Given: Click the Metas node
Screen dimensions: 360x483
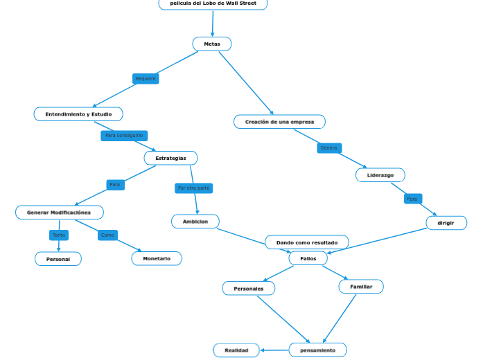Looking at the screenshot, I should click(212, 44).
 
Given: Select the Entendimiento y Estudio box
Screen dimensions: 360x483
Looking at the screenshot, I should click(78, 114).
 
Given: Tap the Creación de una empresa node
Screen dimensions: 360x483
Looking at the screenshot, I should click(279, 122).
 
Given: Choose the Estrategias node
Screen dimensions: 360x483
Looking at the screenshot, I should click(170, 159).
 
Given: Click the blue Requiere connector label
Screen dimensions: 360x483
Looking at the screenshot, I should click(146, 79).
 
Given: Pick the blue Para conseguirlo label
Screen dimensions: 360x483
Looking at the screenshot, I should click(124, 136).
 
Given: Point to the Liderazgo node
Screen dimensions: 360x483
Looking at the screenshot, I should click(380, 175).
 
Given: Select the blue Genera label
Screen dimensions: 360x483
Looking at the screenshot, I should click(329, 148).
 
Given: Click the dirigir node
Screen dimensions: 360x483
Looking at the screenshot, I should click(446, 223).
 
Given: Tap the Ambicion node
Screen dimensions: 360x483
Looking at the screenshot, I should click(195, 222).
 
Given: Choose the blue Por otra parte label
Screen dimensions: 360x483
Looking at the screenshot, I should click(193, 188).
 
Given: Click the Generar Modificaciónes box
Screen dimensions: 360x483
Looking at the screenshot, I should click(59, 213).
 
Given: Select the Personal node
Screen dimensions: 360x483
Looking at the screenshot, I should click(58, 259).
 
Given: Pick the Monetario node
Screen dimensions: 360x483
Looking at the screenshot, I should click(157, 259).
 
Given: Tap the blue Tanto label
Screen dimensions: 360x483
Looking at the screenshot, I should click(59, 235).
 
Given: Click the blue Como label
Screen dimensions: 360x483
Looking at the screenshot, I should click(107, 235).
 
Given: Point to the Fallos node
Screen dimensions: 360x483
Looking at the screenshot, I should click(308, 258).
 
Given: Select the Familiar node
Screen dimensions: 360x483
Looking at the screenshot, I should click(361, 287).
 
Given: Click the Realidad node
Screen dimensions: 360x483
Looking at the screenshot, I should click(236, 350).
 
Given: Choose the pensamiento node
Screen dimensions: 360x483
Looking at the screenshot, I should click(317, 350).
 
